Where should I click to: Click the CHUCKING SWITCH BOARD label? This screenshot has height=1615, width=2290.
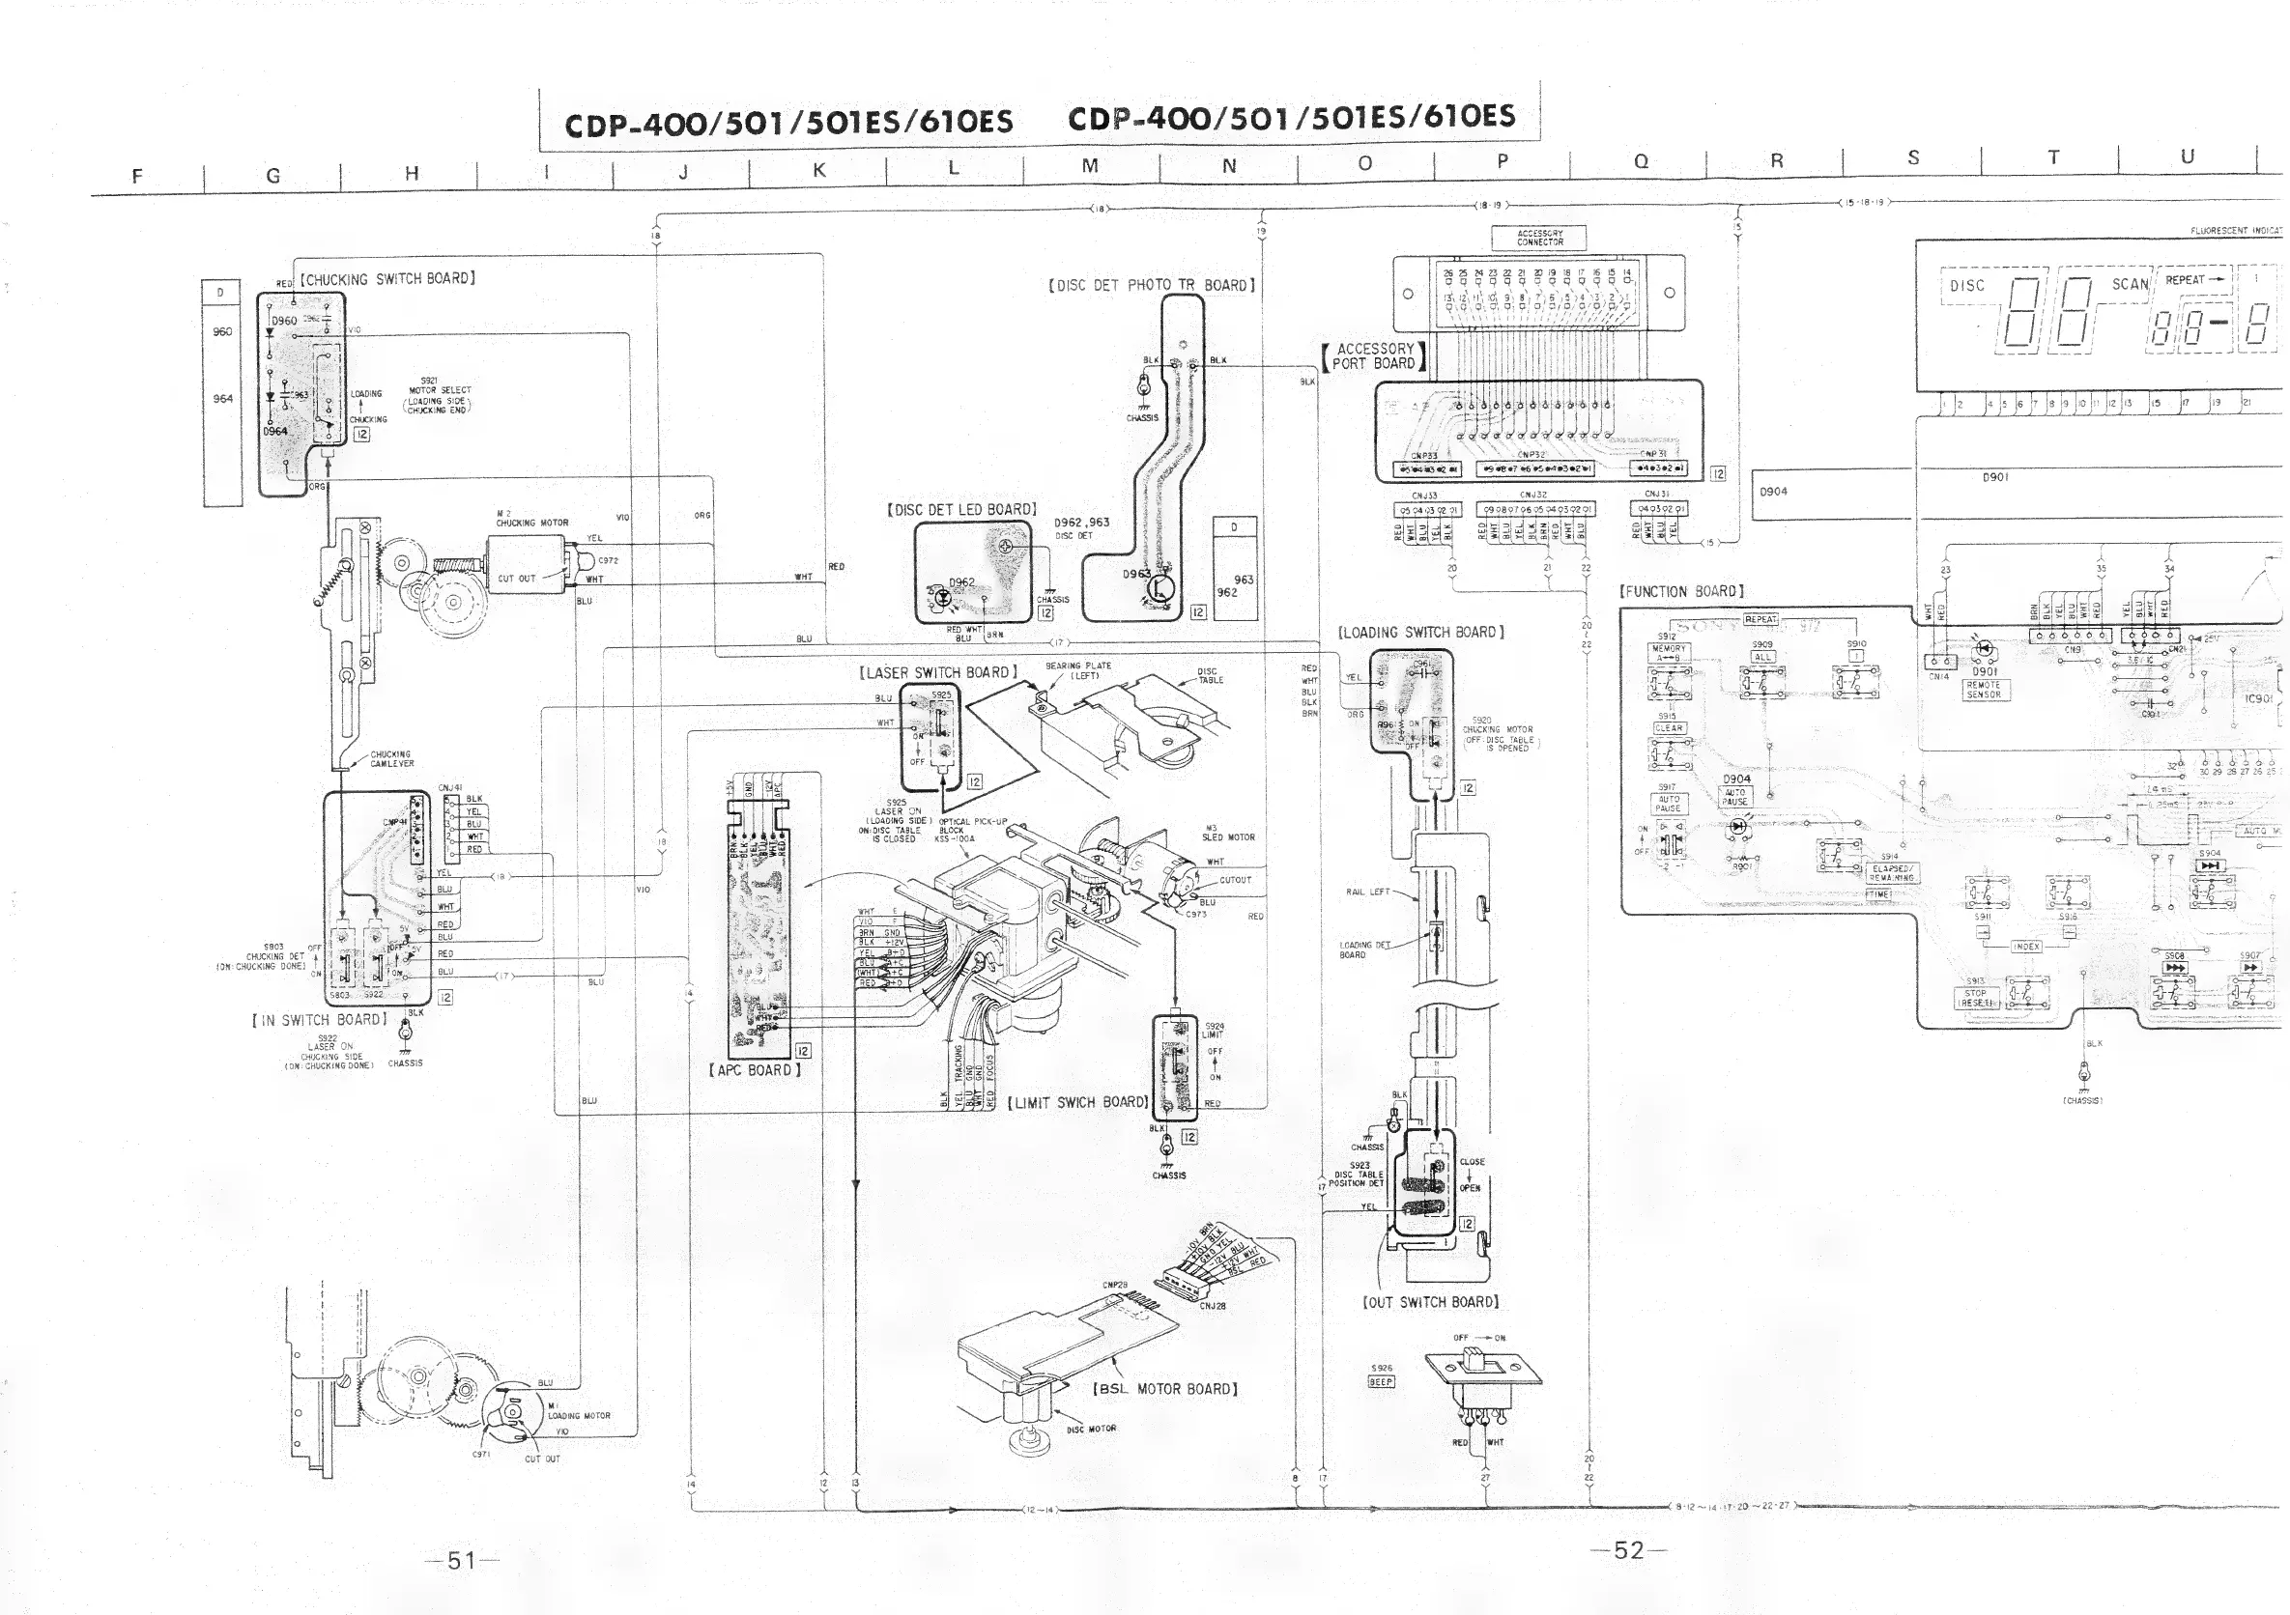pos(388,279)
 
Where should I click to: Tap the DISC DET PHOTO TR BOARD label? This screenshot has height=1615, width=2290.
pos(1151,285)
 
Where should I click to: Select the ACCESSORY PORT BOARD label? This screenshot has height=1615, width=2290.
pos(1374,355)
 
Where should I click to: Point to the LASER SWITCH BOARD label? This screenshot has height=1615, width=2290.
pos(937,673)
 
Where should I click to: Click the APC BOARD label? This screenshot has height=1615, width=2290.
pos(755,1070)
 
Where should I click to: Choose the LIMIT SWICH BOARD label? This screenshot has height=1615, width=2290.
pos(1077,1103)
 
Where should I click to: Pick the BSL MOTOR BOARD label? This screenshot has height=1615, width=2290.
pos(1165,1389)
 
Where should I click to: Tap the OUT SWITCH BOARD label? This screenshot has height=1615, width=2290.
pos(1430,1302)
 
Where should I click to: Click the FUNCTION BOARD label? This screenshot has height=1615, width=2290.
pos(1681,591)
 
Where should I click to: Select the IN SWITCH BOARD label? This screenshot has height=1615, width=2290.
pos(318,1020)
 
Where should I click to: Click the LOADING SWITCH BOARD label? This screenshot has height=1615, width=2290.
pos(1420,632)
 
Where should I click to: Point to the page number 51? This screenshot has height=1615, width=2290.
pos(461,1560)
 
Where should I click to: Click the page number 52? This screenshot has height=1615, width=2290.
pos(1628,1549)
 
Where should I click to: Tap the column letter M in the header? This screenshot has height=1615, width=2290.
pos(1090,166)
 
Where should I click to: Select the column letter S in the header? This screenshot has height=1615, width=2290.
pos(1913,157)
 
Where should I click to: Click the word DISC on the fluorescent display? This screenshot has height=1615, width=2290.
pos(1967,286)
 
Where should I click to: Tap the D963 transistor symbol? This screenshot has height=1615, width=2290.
pos(1159,587)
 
